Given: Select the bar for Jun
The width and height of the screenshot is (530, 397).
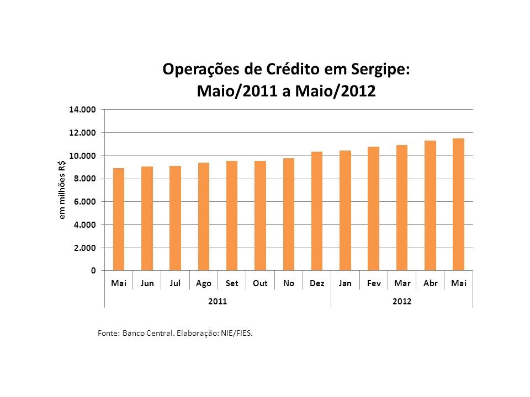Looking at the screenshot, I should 147,219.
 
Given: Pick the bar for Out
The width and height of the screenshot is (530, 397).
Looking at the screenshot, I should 260,216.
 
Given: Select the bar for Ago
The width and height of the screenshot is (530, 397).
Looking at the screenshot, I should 204,217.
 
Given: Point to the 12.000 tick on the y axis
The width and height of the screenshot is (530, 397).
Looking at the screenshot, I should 83,133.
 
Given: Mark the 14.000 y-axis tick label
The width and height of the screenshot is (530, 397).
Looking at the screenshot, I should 83,110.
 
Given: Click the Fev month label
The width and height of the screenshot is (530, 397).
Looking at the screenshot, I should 374,283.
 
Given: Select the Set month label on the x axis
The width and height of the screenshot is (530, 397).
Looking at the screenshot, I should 232,283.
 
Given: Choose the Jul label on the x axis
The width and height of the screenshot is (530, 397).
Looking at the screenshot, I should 176,283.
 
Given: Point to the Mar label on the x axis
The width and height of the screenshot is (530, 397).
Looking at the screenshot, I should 402,283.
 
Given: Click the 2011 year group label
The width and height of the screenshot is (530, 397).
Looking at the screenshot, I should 218,302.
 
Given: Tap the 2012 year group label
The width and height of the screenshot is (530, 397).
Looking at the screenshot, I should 402,302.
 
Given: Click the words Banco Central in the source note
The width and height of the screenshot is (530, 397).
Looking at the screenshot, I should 142,333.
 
